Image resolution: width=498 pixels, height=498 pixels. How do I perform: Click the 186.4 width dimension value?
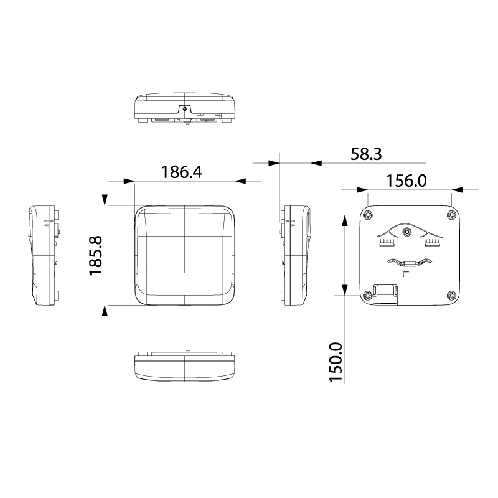[x=182, y=172]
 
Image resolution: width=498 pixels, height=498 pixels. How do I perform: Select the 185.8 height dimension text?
[x=95, y=256]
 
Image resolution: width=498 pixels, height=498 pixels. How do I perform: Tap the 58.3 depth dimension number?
[x=365, y=154]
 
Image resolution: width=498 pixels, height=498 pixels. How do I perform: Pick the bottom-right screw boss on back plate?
[x=451, y=295]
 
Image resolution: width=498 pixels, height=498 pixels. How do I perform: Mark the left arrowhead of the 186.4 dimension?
[x=129, y=181]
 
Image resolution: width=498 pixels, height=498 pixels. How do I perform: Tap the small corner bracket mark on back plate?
[x=405, y=274]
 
